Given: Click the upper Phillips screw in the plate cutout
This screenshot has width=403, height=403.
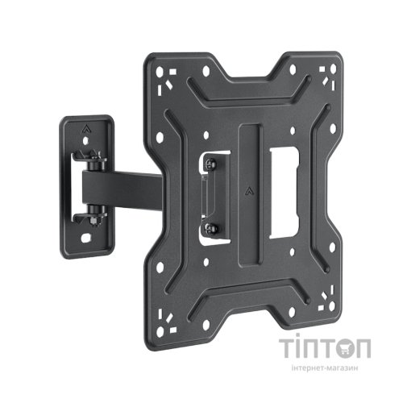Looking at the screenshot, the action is [210, 164].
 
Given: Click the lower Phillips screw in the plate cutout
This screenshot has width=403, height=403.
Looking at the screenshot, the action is [211, 228].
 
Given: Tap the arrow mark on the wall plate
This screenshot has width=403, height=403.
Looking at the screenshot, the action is [86, 129].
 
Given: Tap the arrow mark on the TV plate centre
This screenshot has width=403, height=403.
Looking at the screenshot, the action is [250, 191].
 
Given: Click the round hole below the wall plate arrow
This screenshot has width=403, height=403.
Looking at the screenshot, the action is [85, 140].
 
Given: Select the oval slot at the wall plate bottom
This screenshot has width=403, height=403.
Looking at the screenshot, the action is [85, 239].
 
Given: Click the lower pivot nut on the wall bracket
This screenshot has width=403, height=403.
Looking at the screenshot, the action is [97, 215].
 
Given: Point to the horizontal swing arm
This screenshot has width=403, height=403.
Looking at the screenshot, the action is [123, 189].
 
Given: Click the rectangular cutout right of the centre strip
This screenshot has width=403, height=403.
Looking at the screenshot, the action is [284, 193].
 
